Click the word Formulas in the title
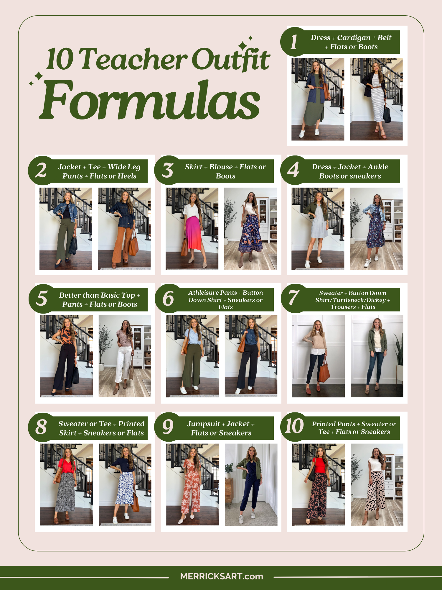tap(150, 100)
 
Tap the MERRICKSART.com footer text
tap(221, 576)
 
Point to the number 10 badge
tap(295, 427)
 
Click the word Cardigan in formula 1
tap(354, 38)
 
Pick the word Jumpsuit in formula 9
tap(204, 424)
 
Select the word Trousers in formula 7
tap(343, 307)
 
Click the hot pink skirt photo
tap(192, 229)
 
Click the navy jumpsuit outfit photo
tap(251, 485)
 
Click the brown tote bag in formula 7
tap(324, 370)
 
